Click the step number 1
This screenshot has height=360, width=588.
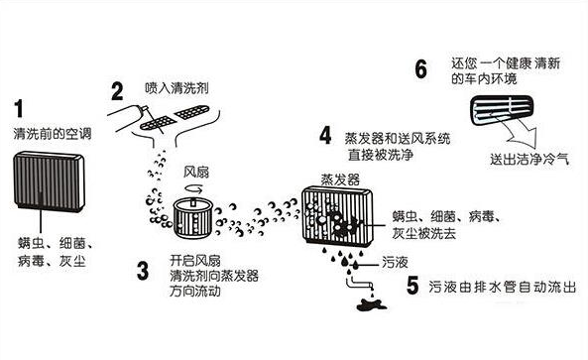click(x=22, y=108)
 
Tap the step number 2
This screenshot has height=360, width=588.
click(x=117, y=92)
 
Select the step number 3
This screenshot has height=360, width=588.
click(x=143, y=268)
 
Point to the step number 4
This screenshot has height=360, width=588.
click(x=324, y=134)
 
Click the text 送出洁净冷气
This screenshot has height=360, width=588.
click(x=525, y=159)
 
